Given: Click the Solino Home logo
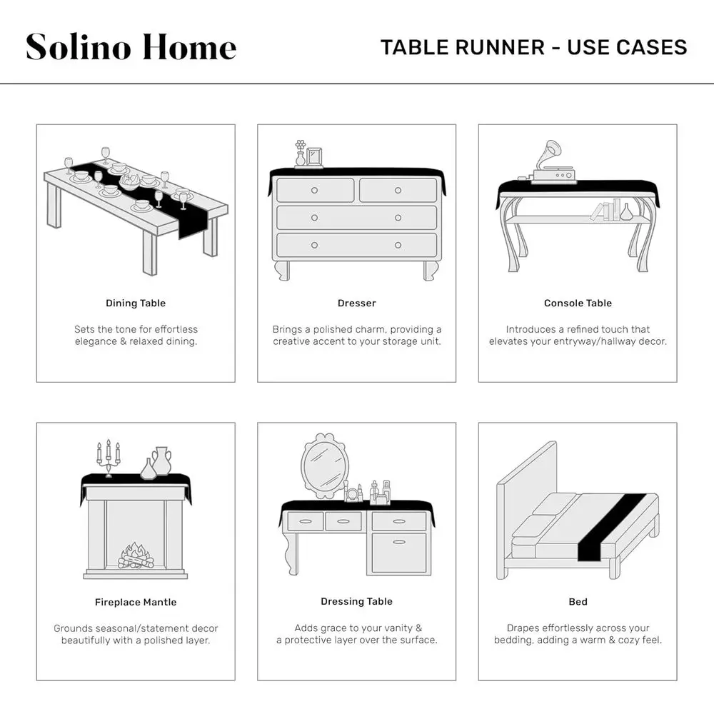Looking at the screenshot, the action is [x=131, y=47].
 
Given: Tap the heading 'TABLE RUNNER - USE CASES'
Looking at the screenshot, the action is [x=533, y=47].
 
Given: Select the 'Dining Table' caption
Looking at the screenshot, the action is [x=136, y=303].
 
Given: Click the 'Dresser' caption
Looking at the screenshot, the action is [x=356, y=303].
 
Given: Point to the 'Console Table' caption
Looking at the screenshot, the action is [x=578, y=303].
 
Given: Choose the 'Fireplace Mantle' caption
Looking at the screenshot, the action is [x=136, y=602].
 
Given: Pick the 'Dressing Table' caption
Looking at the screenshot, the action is [x=356, y=601].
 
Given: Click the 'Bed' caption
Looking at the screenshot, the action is [x=578, y=602].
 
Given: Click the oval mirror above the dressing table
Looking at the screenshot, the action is [x=325, y=466].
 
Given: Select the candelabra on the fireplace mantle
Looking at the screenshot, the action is [x=109, y=458].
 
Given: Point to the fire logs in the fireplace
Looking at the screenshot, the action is [x=134, y=556].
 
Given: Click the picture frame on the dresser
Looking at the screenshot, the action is [x=314, y=157].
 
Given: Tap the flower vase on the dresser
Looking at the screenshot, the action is [x=300, y=153].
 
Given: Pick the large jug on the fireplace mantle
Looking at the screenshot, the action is [x=161, y=461].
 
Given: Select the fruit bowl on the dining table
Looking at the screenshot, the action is [x=130, y=181].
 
